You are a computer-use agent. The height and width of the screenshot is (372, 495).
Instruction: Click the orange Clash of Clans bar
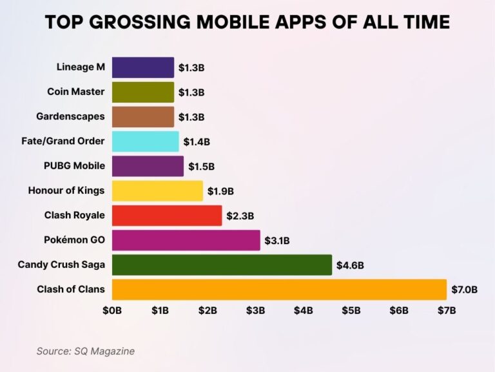tap(279, 289)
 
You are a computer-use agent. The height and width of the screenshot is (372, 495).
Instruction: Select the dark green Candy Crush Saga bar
tap(222, 265)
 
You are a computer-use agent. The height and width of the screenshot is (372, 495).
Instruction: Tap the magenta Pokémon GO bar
tap(186, 240)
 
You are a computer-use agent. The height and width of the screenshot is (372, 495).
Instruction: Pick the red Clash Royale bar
tap(166, 215)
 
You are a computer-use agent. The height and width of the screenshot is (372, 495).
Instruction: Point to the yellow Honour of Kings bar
tap(157, 191)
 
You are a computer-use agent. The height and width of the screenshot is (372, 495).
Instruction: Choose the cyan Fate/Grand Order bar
tap(145, 141)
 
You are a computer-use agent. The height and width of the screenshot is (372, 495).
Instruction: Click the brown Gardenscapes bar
tap(142, 116)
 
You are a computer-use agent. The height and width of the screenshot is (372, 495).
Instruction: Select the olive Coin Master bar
tap(142, 92)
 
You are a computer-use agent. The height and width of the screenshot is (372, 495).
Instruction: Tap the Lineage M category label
tap(81, 67)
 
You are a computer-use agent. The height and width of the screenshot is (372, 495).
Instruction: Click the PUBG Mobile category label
tap(74, 166)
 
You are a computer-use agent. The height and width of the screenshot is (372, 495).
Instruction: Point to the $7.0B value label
tap(464, 289)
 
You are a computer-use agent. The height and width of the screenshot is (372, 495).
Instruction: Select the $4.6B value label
tap(349, 265)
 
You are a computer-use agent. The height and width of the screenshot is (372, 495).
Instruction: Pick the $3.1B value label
tap(277, 240)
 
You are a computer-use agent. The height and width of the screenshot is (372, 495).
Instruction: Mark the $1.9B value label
tap(220, 191)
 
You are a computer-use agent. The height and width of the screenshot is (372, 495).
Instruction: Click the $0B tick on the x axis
tap(112, 310)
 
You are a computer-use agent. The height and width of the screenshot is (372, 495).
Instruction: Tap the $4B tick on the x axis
tap(303, 310)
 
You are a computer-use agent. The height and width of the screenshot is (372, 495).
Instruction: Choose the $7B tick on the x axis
tap(447, 310)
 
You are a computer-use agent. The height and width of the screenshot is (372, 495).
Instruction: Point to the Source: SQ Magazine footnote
tap(86, 351)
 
